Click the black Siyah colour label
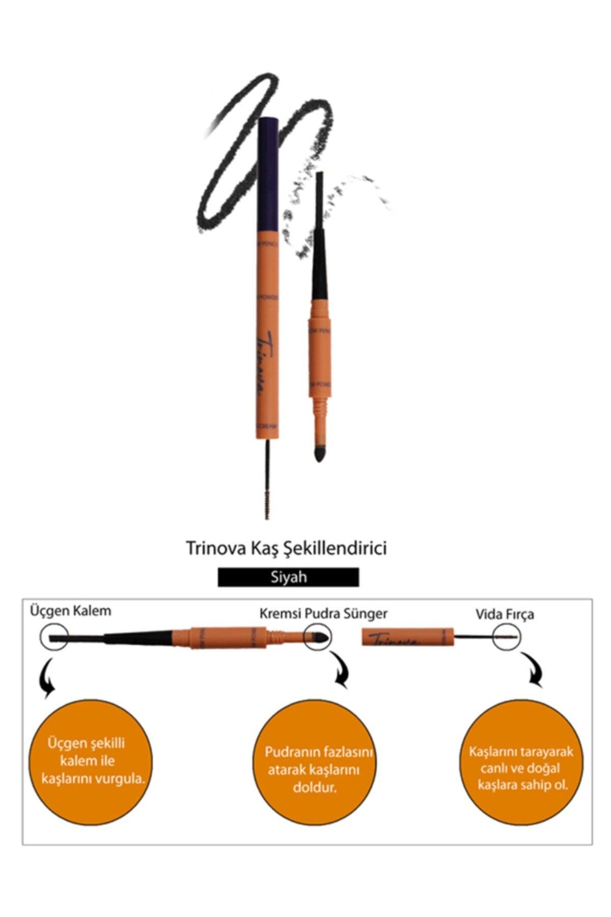288,577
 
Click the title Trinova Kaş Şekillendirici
286,549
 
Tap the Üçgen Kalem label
70,610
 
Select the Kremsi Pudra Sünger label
323,613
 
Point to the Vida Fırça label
505,614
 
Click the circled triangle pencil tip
54,637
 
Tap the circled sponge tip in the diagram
317,637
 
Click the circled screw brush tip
507,637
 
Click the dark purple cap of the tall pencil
267,178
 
